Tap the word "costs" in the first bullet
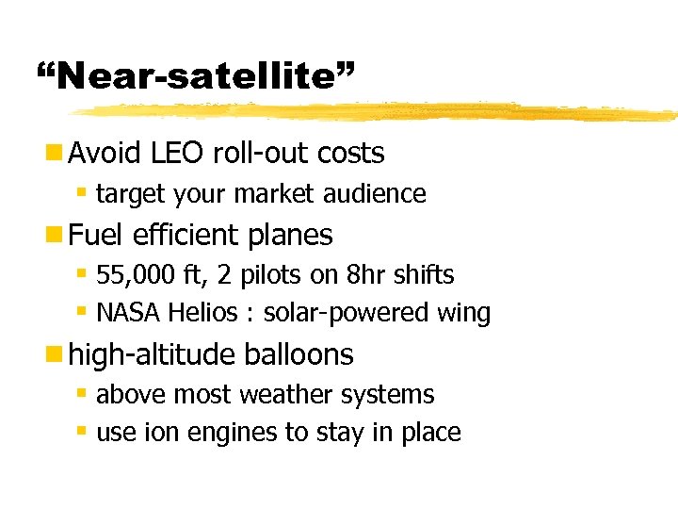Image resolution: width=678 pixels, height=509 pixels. click(351, 153)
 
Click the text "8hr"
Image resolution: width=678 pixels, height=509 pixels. click(361, 275)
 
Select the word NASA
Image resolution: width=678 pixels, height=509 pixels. click(128, 313)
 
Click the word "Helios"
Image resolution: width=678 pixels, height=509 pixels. click(209, 313)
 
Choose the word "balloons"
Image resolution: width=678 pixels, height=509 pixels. click(297, 354)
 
